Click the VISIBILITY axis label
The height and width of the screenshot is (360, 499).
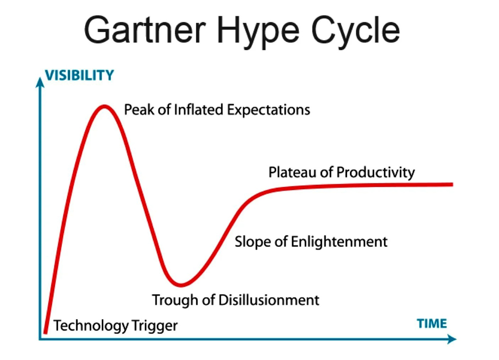click(x=79, y=75)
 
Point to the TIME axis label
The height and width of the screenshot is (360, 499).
click(x=432, y=324)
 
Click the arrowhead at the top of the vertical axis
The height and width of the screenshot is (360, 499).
click(x=40, y=82)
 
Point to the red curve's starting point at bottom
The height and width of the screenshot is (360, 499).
click(x=45, y=332)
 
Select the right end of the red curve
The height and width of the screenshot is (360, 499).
click(x=452, y=184)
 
